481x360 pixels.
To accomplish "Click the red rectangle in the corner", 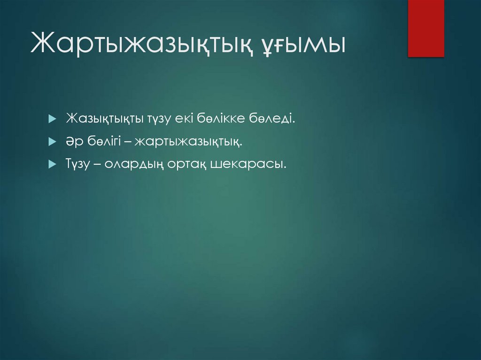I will [x=426, y=28].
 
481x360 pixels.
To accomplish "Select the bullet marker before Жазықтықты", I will [x=52, y=119].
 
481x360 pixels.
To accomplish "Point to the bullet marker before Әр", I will [x=52, y=141].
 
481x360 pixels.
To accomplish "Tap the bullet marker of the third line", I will [x=52, y=164].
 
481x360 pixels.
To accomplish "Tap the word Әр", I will [x=73, y=141].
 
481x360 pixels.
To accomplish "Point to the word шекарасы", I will [x=248, y=164].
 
